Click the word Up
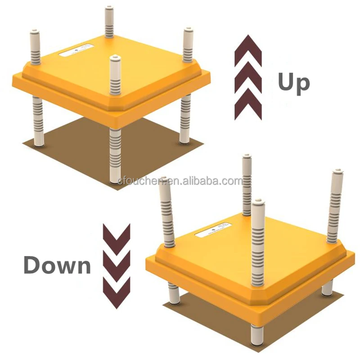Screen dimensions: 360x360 (293, 82)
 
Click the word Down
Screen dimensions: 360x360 (57, 265)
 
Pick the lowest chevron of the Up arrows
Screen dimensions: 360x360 (248, 105)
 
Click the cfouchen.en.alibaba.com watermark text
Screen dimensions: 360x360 (180, 181)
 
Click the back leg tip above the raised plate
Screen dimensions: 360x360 (109, 9)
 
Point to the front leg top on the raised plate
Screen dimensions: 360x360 (115, 58)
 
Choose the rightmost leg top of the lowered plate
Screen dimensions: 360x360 (337, 173)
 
